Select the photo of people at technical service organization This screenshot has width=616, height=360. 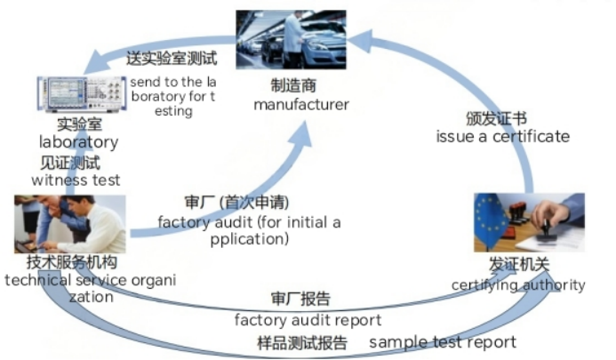coord(68,224)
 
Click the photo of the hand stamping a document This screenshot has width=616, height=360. coord(529,223)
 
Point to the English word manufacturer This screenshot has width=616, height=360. coord(300,105)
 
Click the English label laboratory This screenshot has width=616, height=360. coord(78,142)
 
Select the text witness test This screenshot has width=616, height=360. coord(76,180)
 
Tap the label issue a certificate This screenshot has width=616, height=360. coord(502,136)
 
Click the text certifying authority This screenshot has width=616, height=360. coord(518,285)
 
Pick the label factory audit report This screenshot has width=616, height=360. coord(308,319)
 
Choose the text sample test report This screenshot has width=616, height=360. coord(442,342)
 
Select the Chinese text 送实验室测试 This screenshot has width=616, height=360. coord(173,60)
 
